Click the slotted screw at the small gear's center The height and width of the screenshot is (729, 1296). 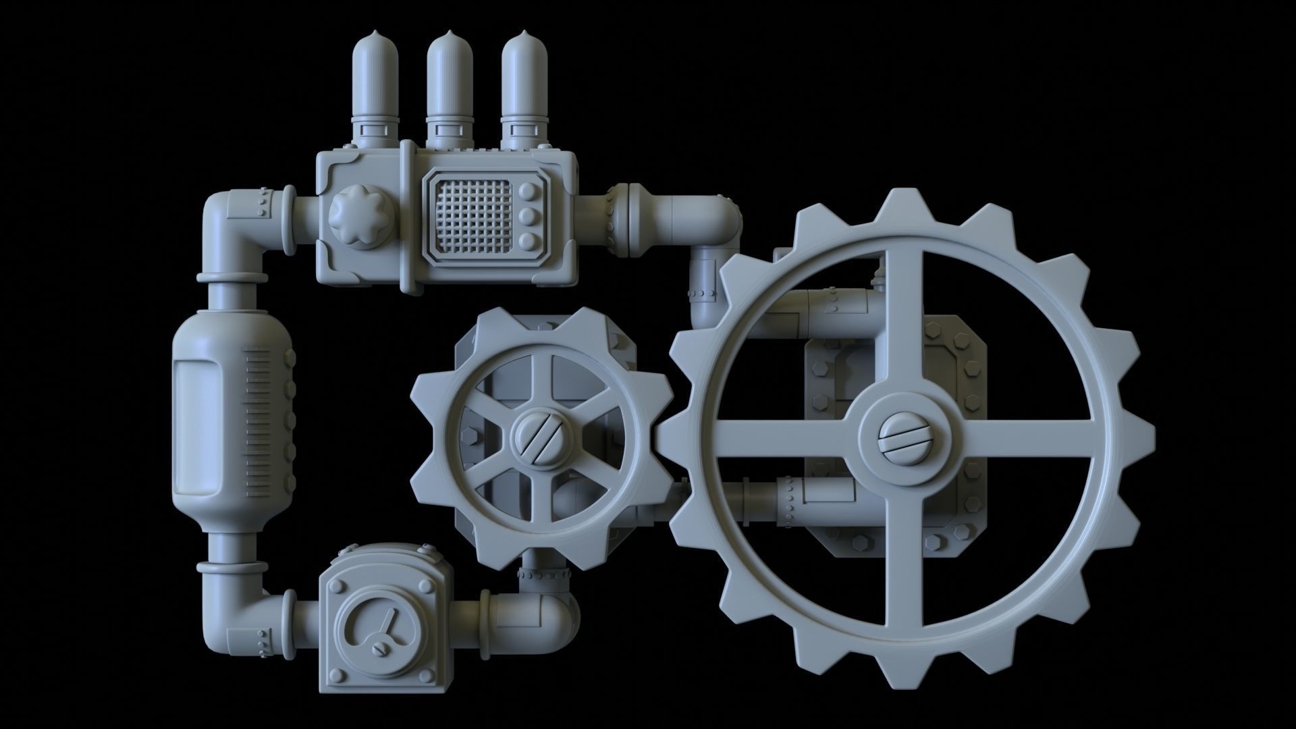(538, 439)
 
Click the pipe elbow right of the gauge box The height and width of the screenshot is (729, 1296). (557, 611)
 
